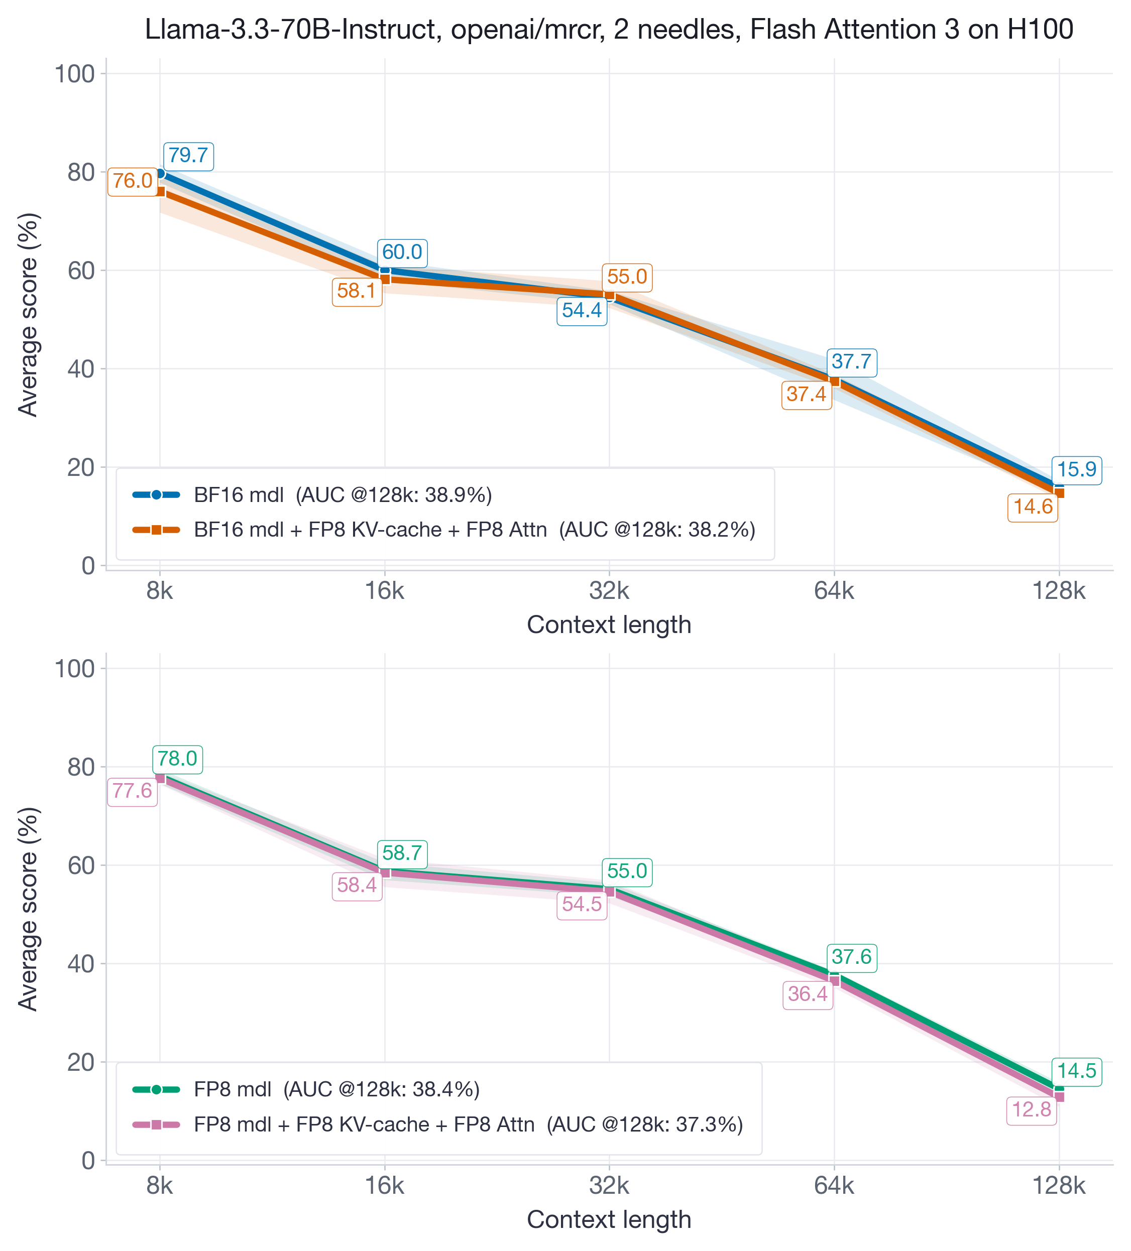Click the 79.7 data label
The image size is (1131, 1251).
[188, 156]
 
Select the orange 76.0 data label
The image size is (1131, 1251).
[132, 181]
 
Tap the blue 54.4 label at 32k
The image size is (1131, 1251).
[581, 310]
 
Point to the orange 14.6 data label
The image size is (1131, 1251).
[1032, 507]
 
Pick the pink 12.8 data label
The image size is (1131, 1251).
[1031, 1109]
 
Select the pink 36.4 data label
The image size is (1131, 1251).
[807, 994]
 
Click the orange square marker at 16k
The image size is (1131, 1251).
[385, 279]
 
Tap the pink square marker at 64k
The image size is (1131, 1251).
[834, 981]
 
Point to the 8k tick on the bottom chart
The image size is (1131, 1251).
[160, 1186]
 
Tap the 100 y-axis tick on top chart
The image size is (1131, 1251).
[74, 74]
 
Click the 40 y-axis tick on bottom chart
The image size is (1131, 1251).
[81, 964]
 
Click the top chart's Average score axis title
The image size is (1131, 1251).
[28, 315]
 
